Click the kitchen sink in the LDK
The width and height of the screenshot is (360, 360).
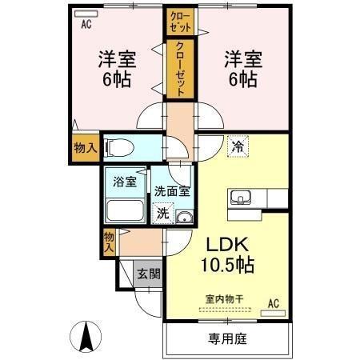(241, 198)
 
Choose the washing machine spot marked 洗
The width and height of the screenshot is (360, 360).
(162, 214)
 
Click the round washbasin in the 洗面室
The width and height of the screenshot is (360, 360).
(185, 218)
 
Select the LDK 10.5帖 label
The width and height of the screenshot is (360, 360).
(227, 254)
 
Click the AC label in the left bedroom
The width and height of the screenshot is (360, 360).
(85, 23)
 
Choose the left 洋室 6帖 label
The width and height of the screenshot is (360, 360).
(117, 69)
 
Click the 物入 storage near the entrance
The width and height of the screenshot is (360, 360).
(109, 242)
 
